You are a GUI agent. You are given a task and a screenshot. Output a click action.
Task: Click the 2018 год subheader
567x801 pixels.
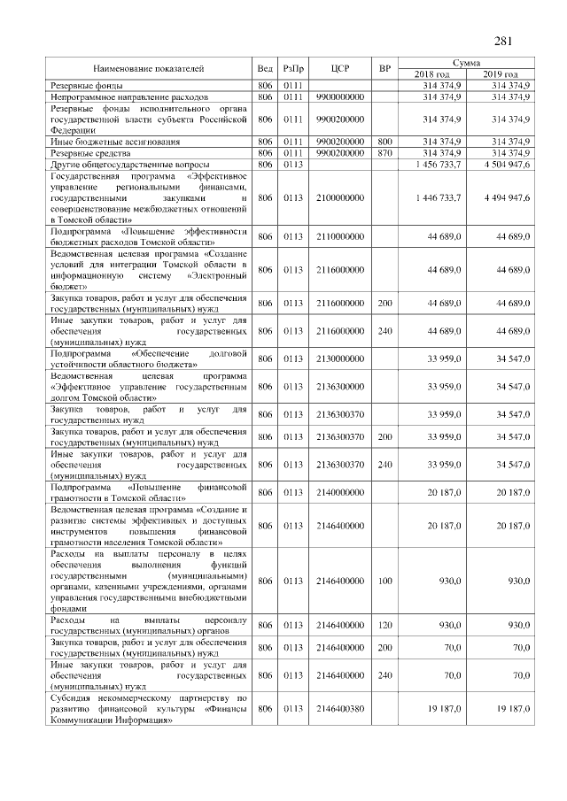click(x=431, y=73)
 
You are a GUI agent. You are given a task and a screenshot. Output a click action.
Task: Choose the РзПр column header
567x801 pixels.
click(x=292, y=68)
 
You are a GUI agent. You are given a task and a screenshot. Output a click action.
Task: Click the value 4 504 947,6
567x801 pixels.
click(x=501, y=164)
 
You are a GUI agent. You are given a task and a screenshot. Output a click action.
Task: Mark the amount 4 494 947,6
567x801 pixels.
click(x=501, y=197)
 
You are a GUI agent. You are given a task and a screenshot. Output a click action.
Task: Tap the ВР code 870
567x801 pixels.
click(x=384, y=152)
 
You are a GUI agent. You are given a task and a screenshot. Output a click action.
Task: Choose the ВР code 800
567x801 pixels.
click(x=384, y=141)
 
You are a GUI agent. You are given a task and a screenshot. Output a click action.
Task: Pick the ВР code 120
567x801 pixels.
click(x=384, y=625)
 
